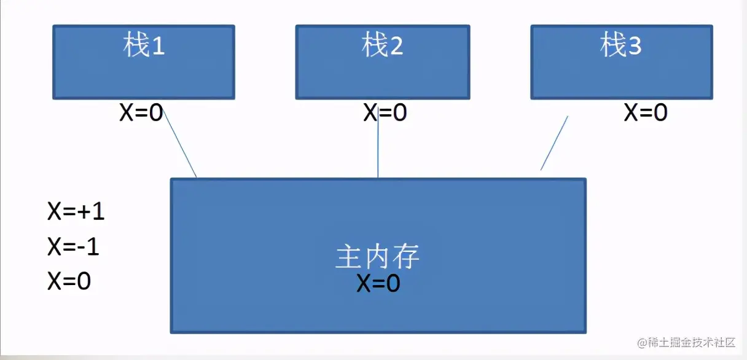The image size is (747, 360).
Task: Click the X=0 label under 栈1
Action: [x=141, y=113]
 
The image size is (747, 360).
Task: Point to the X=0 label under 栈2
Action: [x=385, y=113]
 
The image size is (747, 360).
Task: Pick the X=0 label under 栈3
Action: [x=646, y=113]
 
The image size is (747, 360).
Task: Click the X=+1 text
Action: [x=76, y=212]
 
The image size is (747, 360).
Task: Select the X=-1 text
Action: [x=73, y=248]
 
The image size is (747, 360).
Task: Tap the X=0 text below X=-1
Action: [x=69, y=281]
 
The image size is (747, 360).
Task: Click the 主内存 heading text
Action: [x=378, y=257]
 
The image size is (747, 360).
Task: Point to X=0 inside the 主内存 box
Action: [x=378, y=283]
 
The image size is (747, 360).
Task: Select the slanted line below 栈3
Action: [x=553, y=143]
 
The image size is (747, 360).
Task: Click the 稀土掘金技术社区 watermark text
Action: [x=690, y=343]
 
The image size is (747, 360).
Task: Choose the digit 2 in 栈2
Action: [x=396, y=47]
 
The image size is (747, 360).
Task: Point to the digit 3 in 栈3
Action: [x=634, y=47]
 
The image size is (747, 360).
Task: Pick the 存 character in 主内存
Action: [x=407, y=257]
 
